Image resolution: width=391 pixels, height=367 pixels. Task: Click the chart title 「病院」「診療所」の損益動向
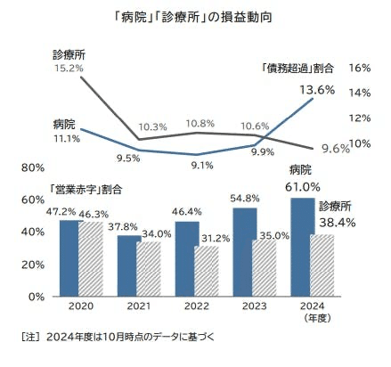[195, 18]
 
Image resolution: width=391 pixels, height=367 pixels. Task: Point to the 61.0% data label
[303, 187]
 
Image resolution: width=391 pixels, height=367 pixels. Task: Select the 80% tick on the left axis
[32, 167]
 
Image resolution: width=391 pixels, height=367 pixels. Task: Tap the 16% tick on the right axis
[360, 68]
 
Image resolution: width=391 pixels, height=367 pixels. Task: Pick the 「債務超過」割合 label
[298, 68]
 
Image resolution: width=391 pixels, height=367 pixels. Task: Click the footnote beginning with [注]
[116, 338]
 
